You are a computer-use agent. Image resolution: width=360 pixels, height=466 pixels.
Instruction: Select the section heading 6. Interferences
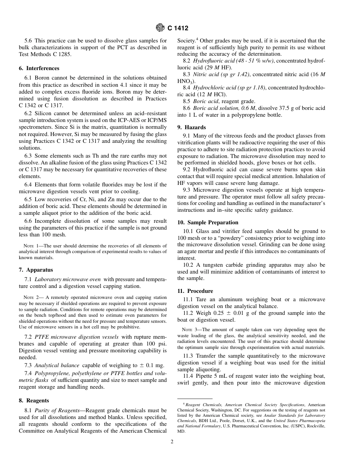pyautogui.click(x=39, y=68)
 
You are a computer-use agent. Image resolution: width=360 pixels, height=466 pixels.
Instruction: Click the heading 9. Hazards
pyautogui.click(x=192, y=127)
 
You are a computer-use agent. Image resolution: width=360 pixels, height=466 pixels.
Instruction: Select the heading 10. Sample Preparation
pyautogui.click(x=208, y=222)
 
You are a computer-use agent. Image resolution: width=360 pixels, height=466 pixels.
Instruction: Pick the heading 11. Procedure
pyautogui.click(x=195, y=291)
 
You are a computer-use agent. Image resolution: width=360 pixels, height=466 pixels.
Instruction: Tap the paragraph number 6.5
pyautogui.click(x=29, y=199)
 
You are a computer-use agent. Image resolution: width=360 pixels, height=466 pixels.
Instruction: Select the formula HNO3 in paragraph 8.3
pyautogui.click(x=185, y=81)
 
